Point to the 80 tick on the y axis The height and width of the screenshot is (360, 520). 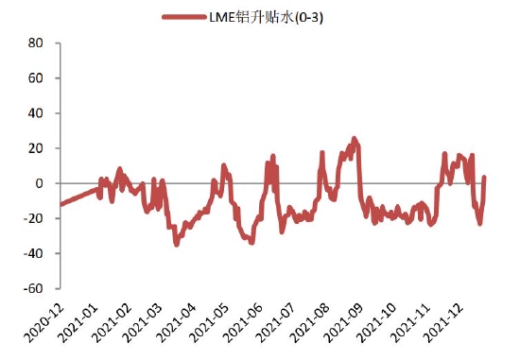click(37, 43)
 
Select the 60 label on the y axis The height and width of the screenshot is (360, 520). click(37, 78)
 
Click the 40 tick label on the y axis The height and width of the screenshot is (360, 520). click(37, 113)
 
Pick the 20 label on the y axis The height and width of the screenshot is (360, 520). click(37, 148)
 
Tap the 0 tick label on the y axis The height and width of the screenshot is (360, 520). click(41, 183)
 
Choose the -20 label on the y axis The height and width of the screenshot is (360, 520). click(35, 218)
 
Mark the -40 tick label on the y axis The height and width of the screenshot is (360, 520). click(35, 253)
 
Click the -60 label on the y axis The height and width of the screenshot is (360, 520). click(35, 288)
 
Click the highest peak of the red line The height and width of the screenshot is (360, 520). click(355, 139)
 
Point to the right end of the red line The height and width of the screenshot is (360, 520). click(484, 178)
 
